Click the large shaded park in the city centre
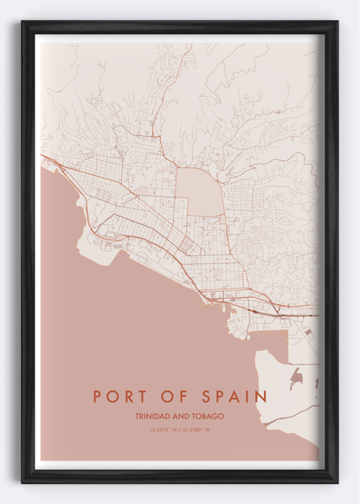(x=198, y=190)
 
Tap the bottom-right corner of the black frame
(x=336, y=480)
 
